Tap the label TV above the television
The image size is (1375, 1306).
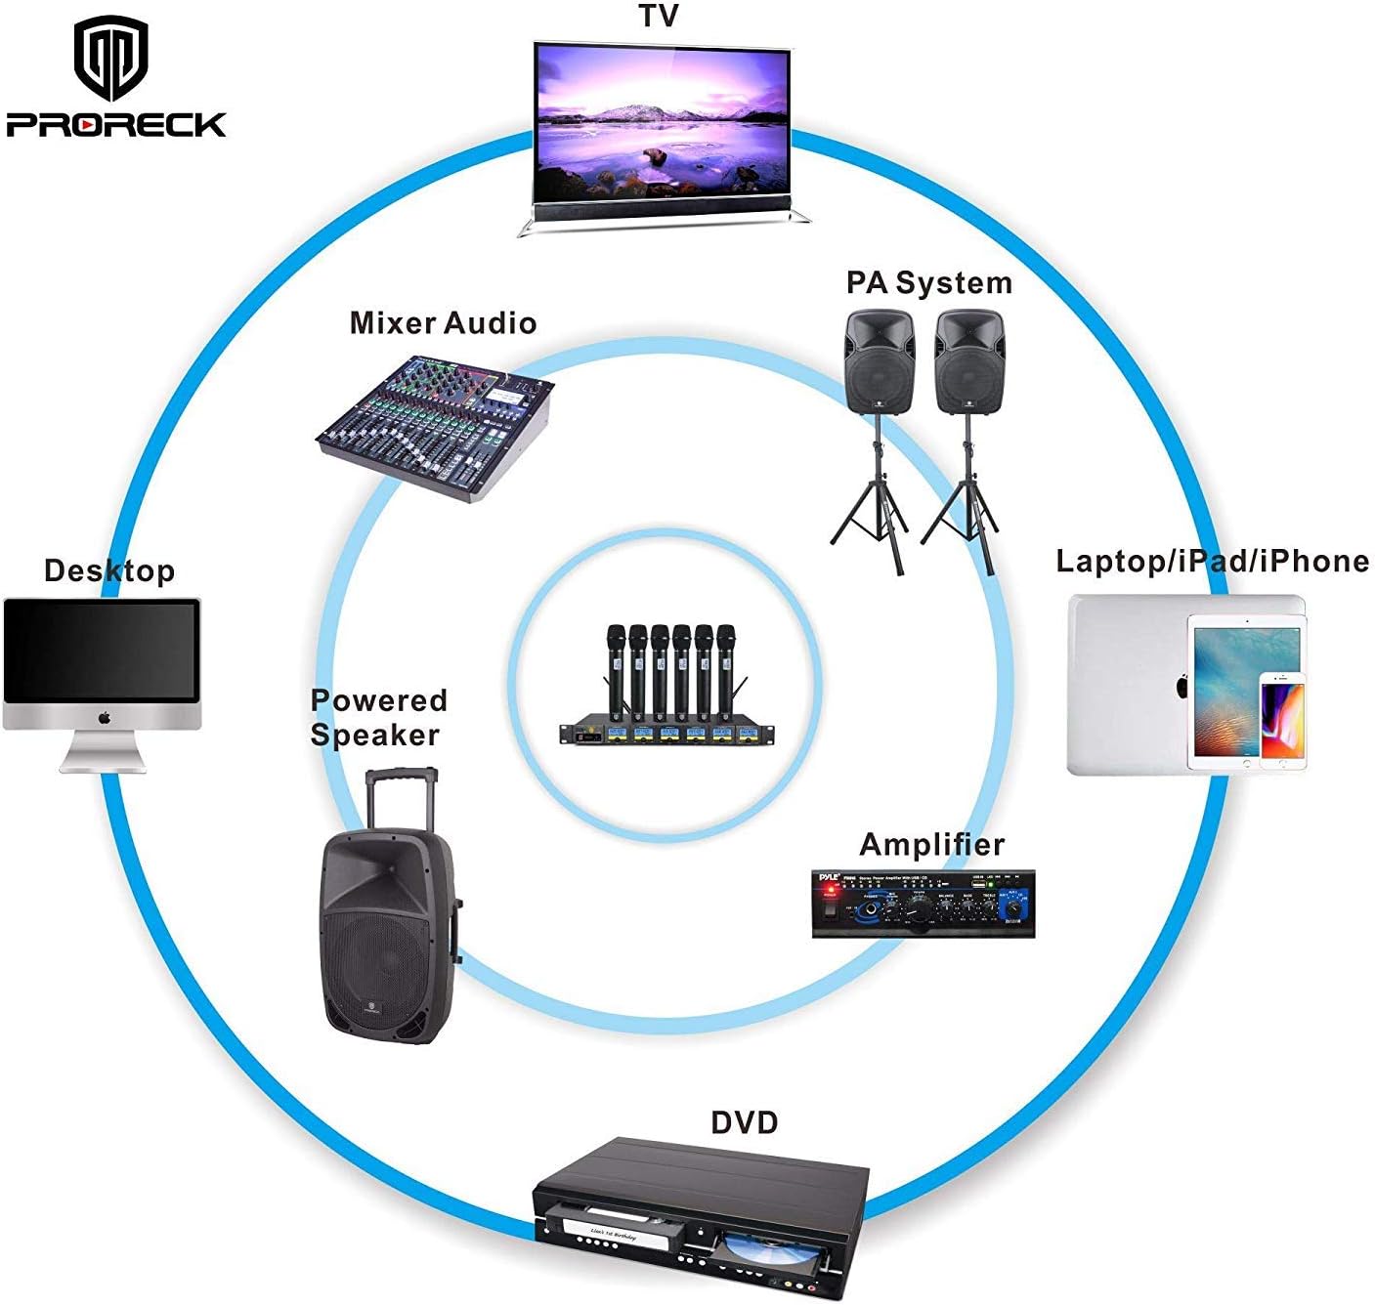[x=659, y=17]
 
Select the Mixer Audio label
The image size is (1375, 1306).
[x=443, y=323]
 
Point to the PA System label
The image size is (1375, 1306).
[x=928, y=283]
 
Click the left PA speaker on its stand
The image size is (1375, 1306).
[x=879, y=363]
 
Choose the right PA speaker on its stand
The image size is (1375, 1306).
[x=967, y=363]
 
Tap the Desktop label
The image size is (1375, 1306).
[x=109, y=570]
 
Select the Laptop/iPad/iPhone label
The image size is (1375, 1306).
[x=1212, y=562]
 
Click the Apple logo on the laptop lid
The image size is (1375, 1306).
[x=1181, y=686]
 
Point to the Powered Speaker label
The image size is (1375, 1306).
[x=377, y=717]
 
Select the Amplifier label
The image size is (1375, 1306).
[x=931, y=845]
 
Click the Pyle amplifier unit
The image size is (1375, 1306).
[x=923, y=905]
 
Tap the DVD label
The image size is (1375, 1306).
[x=744, y=1122]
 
